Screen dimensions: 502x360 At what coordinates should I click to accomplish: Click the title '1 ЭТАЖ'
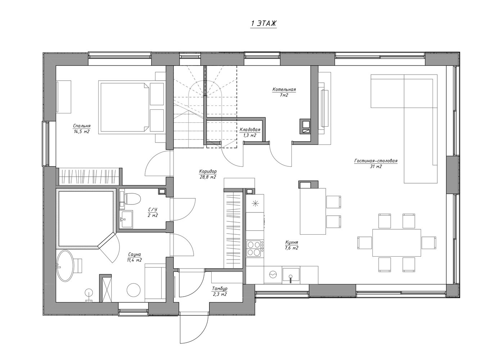pyautogui.click(x=263, y=23)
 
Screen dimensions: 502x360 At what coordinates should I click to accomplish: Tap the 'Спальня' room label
pyautogui.click(x=82, y=126)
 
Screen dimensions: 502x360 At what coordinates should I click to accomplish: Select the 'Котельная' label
pyautogui.click(x=284, y=90)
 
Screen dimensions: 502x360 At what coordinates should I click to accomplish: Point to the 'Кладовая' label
pyautogui.click(x=250, y=130)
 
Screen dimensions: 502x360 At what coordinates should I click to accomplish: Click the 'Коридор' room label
pyautogui.click(x=208, y=172)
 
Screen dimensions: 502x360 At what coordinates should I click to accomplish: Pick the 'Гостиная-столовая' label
pyautogui.click(x=376, y=161)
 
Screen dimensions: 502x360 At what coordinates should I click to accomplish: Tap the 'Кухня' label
pyautogui.click(x=292, y=243)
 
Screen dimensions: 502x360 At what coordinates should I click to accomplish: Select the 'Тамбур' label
pyautogui.click(x=220, y=289)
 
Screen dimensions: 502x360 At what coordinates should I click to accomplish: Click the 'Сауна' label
pyautogui.click(x=135, y=255)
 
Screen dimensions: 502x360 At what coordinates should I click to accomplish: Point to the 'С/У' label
pyautogui.click(x=153, y=210)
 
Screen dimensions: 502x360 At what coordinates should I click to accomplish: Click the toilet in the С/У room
pyautogui.click(x=132, y=199)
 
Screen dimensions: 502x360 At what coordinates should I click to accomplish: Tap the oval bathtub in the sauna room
pyautogui.click(x=65, y=266)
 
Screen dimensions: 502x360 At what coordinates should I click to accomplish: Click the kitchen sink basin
pyautogui.click(x=291, y=274)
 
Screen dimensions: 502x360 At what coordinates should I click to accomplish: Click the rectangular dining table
pyautogui.click(x=397, y=243)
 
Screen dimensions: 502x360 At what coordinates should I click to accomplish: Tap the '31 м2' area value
pyautogui.click(x=376, y=167)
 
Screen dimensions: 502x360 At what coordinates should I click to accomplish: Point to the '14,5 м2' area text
pyautogui.click(x=82, y=132)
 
